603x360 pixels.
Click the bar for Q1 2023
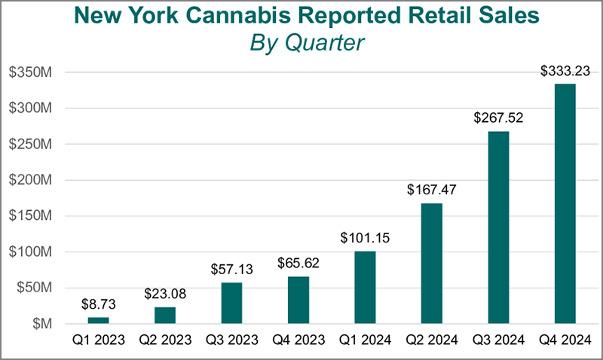click(x=98, y=320)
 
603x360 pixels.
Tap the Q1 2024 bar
click(x=365, y=287)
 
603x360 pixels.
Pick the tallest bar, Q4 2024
click(x=565, y=203)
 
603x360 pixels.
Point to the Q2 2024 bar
click(x=431, y=263)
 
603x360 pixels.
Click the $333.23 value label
click(x=565, y=72)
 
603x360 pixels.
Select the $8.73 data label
click(x=98, y=304)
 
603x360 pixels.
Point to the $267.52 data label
click(x=498, y=118)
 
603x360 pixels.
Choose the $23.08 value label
click(x=165, y=293)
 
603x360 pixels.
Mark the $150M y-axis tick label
click(x=29, y=216)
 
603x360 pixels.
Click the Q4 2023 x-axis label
click(x=298, y=340)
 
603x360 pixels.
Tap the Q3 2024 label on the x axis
click(x=498, y=340)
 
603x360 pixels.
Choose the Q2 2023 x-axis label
click(x=165, y=340)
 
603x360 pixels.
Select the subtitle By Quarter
click(x=306, y=43)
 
